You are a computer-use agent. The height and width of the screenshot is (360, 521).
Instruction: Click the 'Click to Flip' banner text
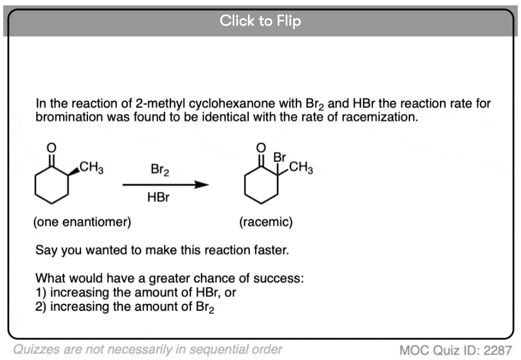coord(260,20)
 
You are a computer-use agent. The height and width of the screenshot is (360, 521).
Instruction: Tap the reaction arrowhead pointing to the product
coord(202,185)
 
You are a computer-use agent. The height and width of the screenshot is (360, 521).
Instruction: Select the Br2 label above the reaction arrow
coord(160,169)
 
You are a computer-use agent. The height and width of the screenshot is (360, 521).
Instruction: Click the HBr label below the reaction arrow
coord(158,197)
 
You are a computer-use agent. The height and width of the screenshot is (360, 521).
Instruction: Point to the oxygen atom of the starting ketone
coord(51,148)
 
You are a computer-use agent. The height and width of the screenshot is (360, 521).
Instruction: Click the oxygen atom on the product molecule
coord(261,148)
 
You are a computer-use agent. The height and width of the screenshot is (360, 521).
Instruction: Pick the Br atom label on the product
coord(279,157)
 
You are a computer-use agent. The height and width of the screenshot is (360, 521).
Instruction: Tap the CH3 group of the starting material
coord(91,167)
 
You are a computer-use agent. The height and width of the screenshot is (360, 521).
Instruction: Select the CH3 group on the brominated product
coord(301,167)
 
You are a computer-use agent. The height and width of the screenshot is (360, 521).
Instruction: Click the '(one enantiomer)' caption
coord(82,221)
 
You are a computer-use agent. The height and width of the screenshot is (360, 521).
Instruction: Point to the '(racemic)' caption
coord(266,221)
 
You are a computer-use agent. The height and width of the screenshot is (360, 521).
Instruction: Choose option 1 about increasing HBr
coord(136,292)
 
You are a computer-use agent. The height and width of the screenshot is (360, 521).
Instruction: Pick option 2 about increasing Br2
coord(124,307)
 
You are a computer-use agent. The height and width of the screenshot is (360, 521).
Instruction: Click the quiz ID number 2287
coord(497,350)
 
